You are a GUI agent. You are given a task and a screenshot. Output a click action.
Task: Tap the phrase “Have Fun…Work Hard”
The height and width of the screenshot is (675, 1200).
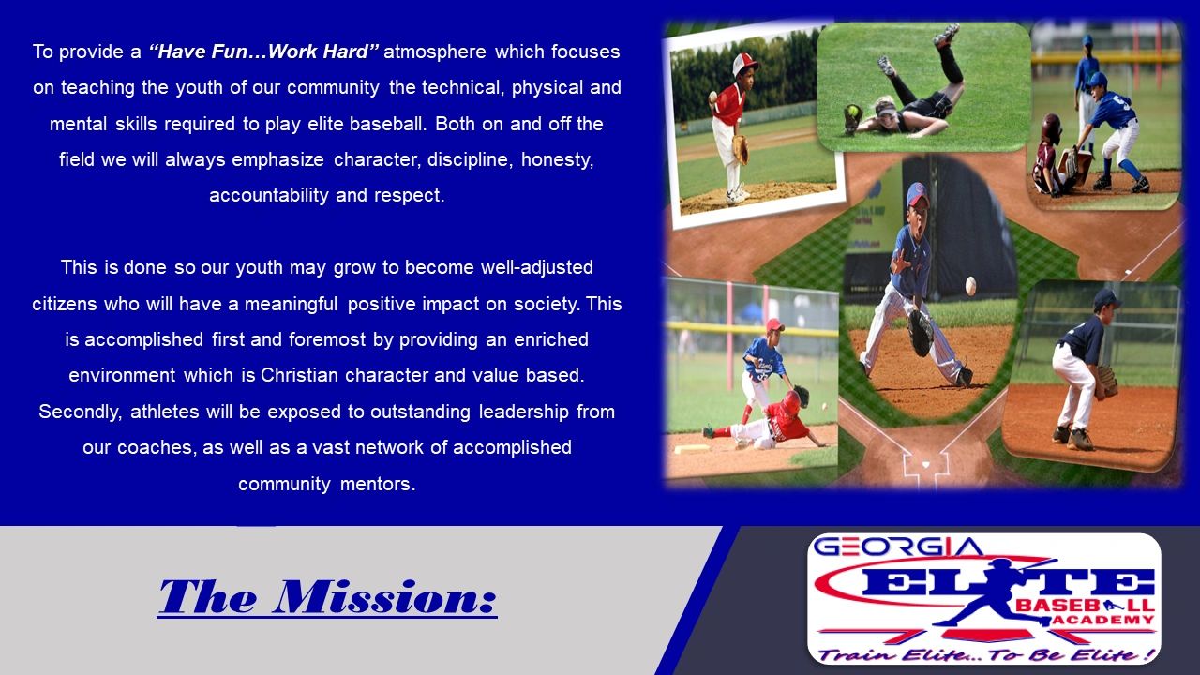point(263,52)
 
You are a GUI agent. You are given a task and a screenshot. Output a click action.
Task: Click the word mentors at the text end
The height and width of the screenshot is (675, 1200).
point(378,485)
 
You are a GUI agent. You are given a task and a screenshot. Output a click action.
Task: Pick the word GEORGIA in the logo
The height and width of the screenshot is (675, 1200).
point(898,547)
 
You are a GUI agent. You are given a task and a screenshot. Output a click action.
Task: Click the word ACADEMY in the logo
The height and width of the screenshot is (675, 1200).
point(1103,620)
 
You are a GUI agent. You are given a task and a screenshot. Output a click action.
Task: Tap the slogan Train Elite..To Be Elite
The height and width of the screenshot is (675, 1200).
point(984,654)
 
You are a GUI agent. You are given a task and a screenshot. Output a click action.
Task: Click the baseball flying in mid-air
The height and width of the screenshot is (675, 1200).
point(970,286)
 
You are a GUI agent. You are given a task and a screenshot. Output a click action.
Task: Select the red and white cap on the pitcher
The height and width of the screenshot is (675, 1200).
point(744,63)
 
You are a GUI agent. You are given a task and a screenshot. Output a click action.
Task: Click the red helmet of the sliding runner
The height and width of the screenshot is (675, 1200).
point(790,402)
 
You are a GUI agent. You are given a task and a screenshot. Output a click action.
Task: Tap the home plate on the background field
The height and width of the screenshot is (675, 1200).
point(925,464)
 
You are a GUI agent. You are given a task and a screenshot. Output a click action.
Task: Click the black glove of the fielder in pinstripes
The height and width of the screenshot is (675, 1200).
point(921,333)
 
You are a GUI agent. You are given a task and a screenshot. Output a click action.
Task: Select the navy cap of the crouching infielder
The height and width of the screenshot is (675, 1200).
point(1106,298)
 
